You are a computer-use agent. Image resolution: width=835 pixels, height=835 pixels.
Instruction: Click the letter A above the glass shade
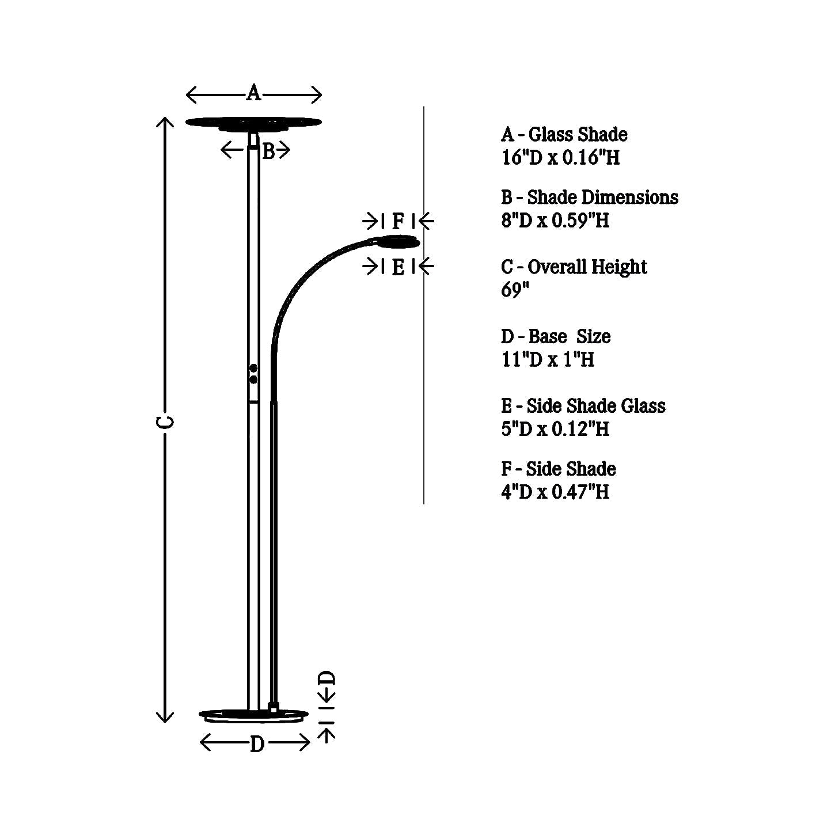253,93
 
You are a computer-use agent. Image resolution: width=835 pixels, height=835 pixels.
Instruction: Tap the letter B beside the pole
269,151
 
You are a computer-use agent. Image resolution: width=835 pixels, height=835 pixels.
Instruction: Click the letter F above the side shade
398,221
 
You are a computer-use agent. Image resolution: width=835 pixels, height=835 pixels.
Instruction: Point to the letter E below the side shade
398,267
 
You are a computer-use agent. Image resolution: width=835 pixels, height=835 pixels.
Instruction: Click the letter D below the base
257,745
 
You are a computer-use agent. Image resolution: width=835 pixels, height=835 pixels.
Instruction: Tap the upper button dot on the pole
253,369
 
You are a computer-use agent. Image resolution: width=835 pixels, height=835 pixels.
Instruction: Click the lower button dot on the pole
253,379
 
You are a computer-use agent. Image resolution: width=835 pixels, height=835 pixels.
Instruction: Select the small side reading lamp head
398,242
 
